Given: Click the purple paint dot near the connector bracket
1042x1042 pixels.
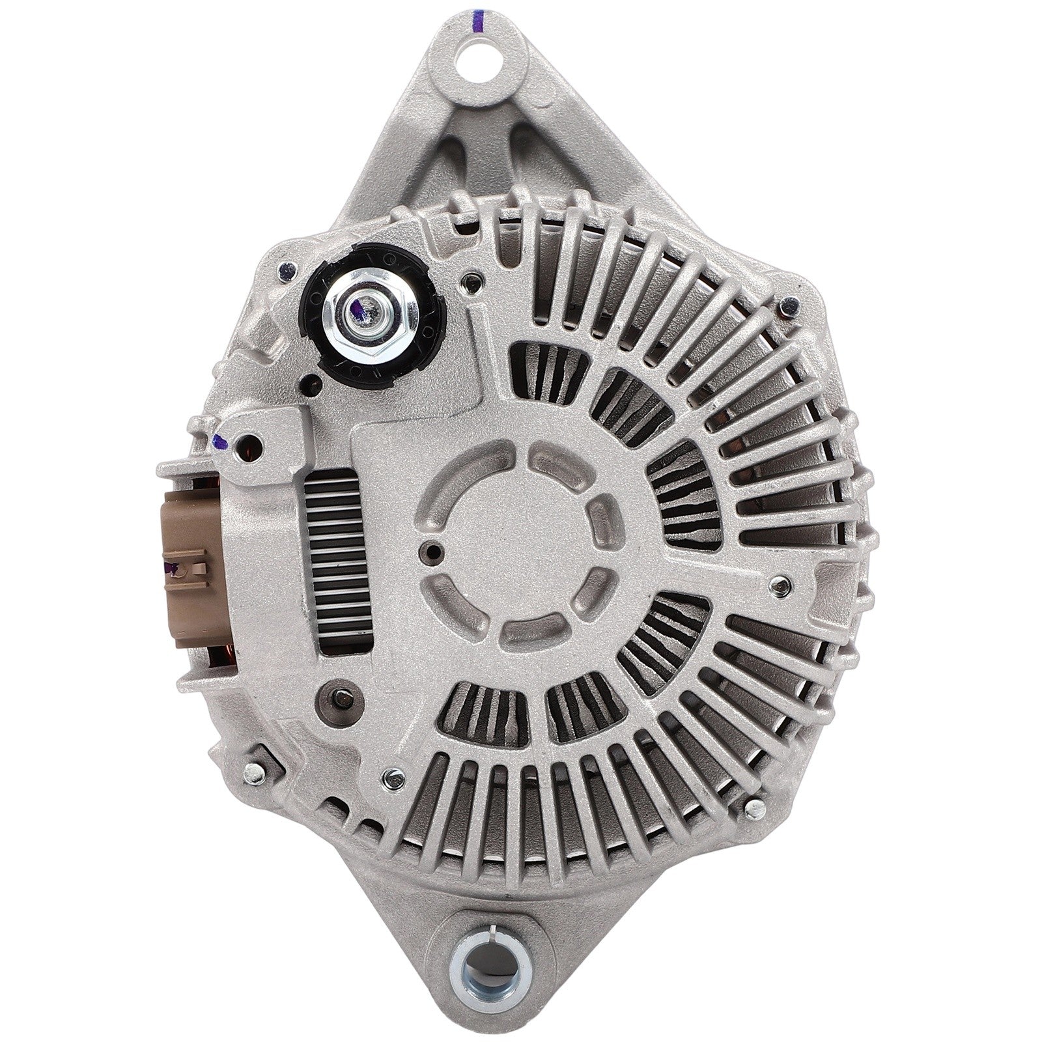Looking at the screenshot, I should click(x=220, y=443).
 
